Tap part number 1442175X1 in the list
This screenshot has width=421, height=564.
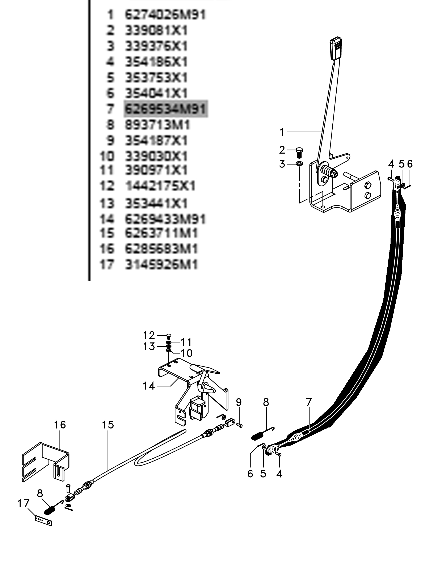coord(160,186)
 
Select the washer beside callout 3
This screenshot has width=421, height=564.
coord(299,163)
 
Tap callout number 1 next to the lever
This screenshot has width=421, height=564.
coord(282,132)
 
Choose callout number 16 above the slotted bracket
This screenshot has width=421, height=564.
coord(60,425)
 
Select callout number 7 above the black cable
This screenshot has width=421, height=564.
coord(308,402)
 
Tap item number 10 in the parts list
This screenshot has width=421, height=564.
coord(107,156)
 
